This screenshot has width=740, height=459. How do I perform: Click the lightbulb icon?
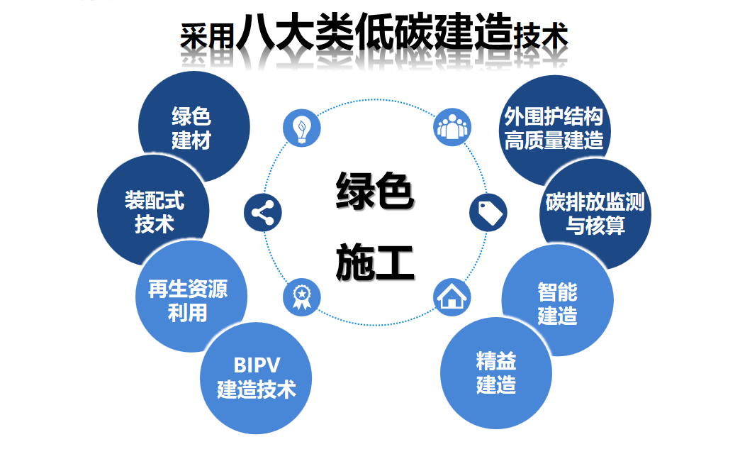303,128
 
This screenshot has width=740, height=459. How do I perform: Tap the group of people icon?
452,128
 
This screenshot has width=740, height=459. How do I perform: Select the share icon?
263,212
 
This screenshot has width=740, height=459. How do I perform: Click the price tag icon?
488,211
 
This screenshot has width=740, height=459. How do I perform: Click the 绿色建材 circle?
192,128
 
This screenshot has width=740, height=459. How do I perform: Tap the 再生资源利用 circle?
189,299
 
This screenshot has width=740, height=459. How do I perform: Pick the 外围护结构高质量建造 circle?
554,128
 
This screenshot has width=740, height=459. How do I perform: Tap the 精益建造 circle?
496,374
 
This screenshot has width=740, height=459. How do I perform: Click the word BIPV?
257,365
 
